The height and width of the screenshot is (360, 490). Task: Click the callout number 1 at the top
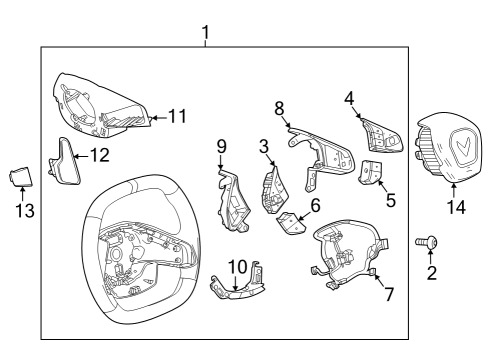(205, 33)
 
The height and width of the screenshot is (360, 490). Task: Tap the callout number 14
(456, 208)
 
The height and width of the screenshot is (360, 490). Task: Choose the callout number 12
(99, 156)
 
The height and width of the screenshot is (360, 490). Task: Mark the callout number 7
(390, 297)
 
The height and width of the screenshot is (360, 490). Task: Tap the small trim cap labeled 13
(21, 179)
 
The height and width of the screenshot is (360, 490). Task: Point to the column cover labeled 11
(100, 105)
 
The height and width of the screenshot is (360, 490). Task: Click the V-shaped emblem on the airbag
(463, 148)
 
